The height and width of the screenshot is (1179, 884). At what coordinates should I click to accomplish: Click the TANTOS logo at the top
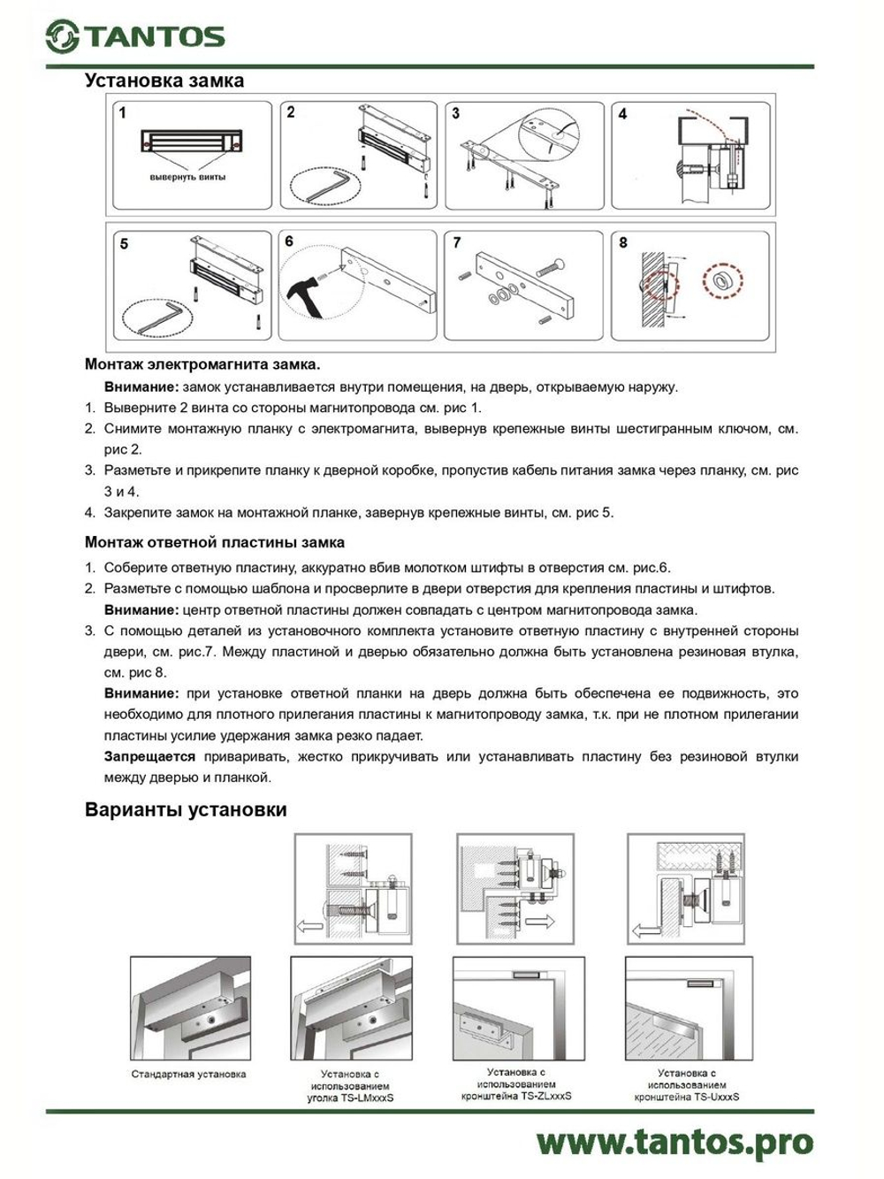pyautogui.click(x=135, y=36)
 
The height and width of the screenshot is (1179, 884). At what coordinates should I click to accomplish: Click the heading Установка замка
pyautogui.click(x=164, y=80)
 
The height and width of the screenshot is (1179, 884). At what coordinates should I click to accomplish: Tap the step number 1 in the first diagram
pyautogui.click(x=123, y=113)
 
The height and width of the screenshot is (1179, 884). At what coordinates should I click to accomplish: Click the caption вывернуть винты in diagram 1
pyautogui.click(x=187, y=177)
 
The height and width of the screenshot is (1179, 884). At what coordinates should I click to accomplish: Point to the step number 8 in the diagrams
pyautogui.click(x=623, y=242)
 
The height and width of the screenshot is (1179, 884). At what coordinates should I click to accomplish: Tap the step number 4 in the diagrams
pyautogui.click(x=622, y=114)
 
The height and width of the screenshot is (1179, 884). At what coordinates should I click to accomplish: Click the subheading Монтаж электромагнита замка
pyautogui.click(x=202, y=364)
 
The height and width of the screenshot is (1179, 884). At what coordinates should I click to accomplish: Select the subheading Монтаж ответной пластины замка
pyautogui.click(x=215, y=542)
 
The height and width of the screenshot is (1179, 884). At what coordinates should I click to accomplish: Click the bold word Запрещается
pyautogui.click(x=149, y=756)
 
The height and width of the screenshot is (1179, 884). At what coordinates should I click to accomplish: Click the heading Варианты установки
pyautogui.click(x=186, y=810)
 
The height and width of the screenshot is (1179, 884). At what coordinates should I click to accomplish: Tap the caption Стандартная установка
pyautogui.click(x=188, y=1075)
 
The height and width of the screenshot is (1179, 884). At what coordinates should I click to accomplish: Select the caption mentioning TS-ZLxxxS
pyautogui.click(x=516, y=1083)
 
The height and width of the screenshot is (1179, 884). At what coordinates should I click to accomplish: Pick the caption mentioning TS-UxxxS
pyautogui.click(x=687, y=1084)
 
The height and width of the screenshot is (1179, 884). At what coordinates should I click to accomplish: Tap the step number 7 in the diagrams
pyautogui.click(x=456, y=242)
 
